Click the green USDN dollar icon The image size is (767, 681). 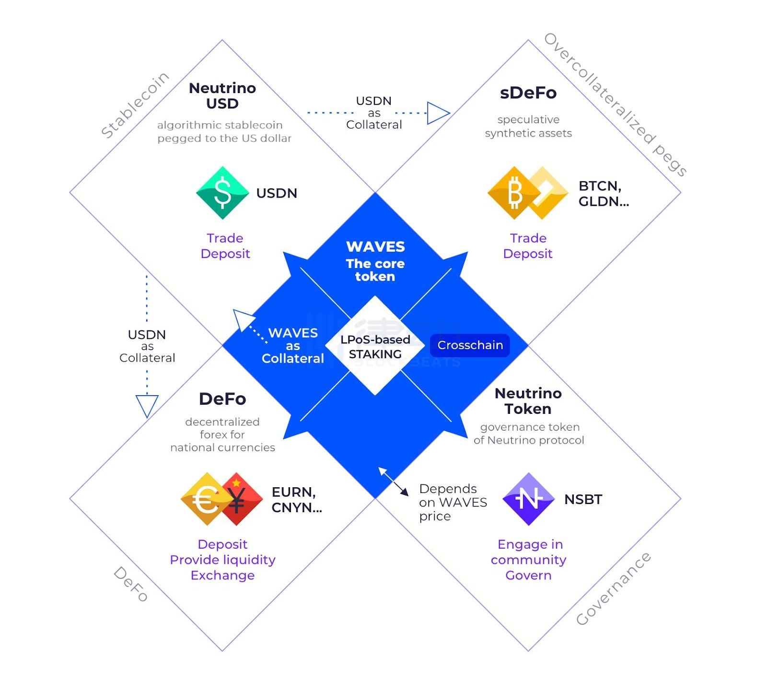tap(222, 193)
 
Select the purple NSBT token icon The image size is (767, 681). tap(528, 499)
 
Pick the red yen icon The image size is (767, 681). tap(237, 499)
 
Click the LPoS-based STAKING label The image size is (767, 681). tap(375, 347)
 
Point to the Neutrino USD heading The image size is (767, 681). tap(222, 96)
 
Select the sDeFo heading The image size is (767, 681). tap(528, 93)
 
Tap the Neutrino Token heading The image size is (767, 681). tap(528, 401)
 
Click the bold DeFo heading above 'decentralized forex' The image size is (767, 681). tap(222, 399)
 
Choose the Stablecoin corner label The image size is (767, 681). tap(135, 105)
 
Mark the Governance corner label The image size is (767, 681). tap(613, 589)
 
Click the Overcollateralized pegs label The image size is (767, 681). tap(616, 105)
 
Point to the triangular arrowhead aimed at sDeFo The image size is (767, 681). tap(437, 113)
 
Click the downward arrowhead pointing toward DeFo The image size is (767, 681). tap(147, 405)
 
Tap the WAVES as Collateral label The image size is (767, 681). tap(292, 346)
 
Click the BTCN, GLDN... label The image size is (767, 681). tap(603, 194)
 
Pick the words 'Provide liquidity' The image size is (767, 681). tap(222, 560)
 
